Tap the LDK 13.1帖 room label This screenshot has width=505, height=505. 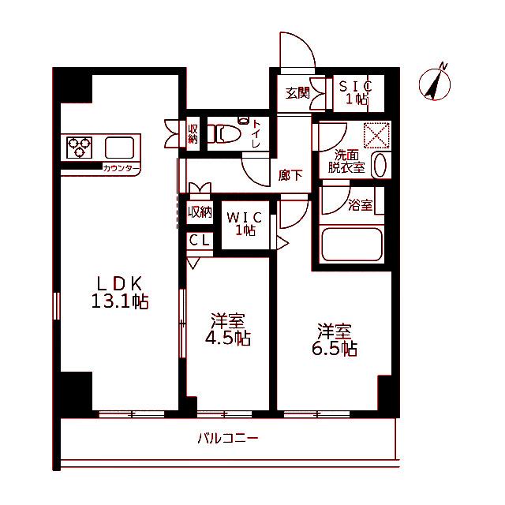click(x=120, y=293)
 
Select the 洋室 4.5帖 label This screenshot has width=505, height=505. click(x=228, y=329)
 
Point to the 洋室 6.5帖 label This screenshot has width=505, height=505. click(x=335, y=339)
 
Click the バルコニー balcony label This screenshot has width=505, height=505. click(x=228, y=439)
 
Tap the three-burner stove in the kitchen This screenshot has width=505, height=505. click(x=79, y=148)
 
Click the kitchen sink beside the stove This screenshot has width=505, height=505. click(x=119, y=148)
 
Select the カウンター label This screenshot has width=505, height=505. click(x=122, y=168)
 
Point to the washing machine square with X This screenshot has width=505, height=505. click(x=376, y=135)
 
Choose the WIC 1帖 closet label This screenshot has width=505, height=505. click(x=245, y=224)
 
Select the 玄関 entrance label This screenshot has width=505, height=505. click(x=297, y=93)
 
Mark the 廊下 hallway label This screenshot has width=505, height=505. click(x=290, y=175)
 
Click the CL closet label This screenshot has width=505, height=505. click(x=200, y=240)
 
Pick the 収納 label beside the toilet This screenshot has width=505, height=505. click(x=193, y=134)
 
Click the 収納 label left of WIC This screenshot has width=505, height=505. click(x=200, y=212)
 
